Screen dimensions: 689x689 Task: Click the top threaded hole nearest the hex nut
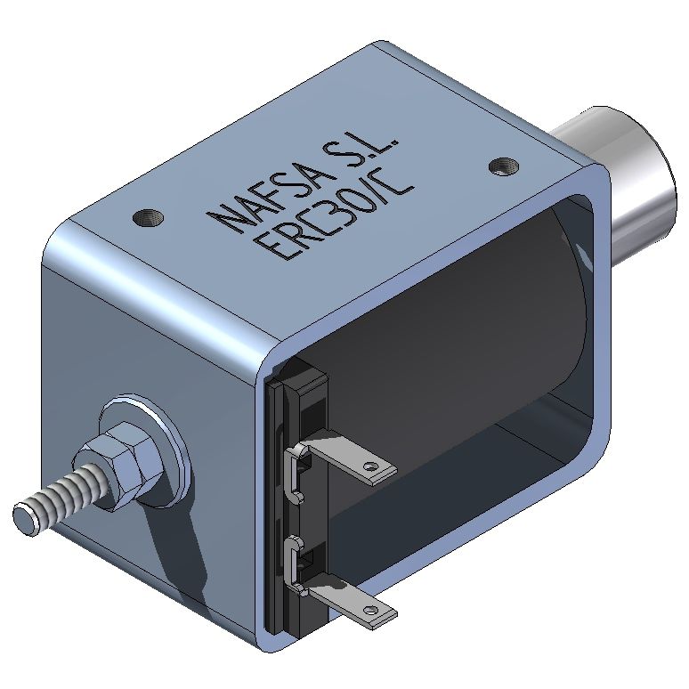click(146, 216)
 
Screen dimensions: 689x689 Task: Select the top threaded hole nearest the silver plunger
click(503, 166)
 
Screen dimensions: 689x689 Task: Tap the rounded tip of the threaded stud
click(24, 515)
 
